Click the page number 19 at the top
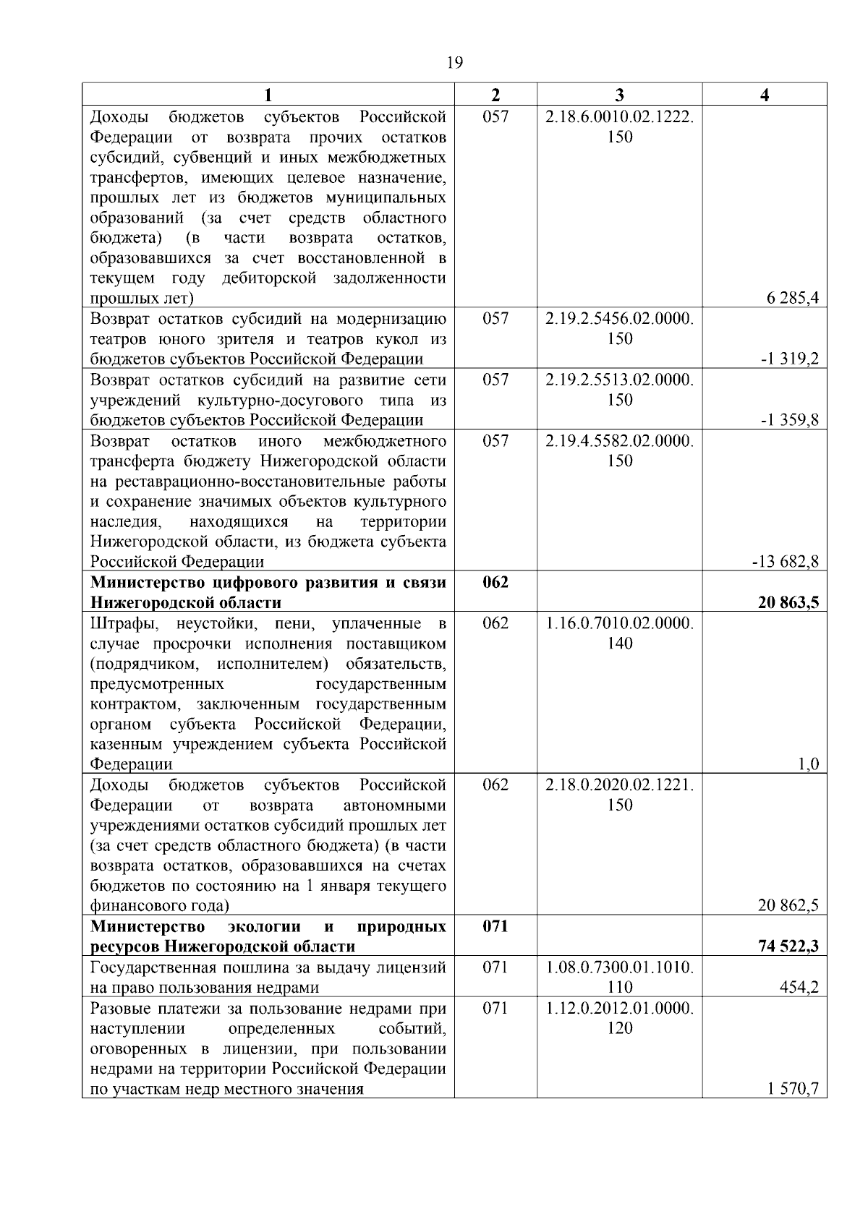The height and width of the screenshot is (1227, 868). pyautogui.click(x=455, y=63)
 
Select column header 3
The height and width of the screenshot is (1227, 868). pyautogui.click(x=619, y=95)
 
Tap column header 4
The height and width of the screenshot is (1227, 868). pyautogui.click(x=765, y=95)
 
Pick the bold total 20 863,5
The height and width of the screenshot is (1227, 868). pyautogui.click(x=788, y=602)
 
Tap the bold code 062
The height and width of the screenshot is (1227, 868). pyautogui.click(x=495, y=582)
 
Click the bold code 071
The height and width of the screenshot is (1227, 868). pyautogui.click(x=495, y=926)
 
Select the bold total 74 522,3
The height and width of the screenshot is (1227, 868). pyautogui.click(x=788, y=946)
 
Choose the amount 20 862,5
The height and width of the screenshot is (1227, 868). pyautogui.click(x=788, y=905)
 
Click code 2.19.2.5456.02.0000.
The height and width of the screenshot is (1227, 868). pyautogui.click(x=619, y=319)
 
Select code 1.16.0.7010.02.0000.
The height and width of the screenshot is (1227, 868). pyautogui.click(x=619, y=623)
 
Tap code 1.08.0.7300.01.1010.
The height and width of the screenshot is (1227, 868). pyautogui.click(x=619, y=967)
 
